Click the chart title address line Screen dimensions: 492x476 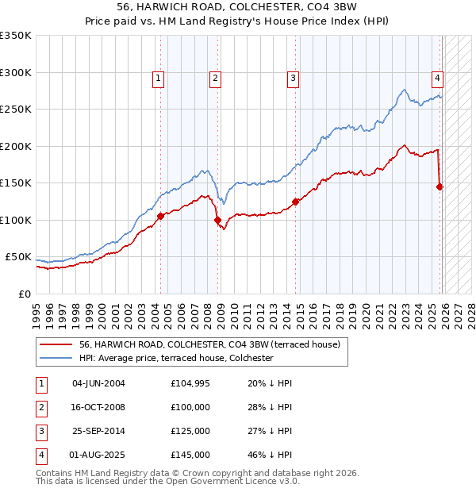(237, 7)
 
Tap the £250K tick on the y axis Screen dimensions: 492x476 (15, 110)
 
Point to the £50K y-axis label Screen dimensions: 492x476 (17, 257)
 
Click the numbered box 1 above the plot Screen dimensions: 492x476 (159, 78)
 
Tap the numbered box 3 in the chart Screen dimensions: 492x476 (293, 78)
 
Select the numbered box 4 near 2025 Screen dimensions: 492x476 (437, 78)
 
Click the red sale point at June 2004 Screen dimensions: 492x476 (160, 216)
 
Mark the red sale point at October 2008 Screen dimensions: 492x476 (217, 220)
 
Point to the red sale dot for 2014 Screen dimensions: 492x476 (295, 202)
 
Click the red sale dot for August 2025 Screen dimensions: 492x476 (440, 186)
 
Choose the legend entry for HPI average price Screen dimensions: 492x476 (175, 358)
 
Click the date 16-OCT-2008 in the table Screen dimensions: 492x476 (98, 407)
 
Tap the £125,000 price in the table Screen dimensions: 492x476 (190, 431)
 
